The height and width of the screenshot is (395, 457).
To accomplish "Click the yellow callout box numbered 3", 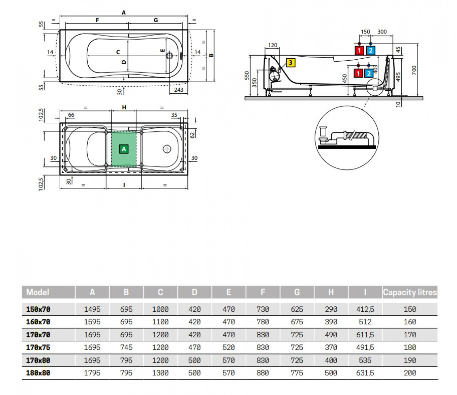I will pyautogui.click(x=291, y=62).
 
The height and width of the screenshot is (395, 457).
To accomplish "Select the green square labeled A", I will pyautogui.click(x=124, y=149).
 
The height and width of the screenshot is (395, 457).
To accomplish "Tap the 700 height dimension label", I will pyautogui.click(x=414, y=70).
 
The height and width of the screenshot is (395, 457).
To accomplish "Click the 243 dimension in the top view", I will pyautogui.click(x=179, y=90).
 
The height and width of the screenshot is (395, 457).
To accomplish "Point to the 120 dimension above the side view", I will pyautogui.click(x=272, y=45).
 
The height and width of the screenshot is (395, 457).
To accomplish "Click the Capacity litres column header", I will pyautogui.click(x=410, y=292).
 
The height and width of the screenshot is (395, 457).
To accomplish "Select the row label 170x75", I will pyautogui.click(x=38, y=347).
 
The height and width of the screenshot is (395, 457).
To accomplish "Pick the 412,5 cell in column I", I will pyautogui.click(x=365, y=309).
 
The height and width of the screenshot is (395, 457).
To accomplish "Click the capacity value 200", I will pyautogui.click(x=410, y=373).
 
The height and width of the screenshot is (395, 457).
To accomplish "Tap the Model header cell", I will pyautogui.click(x=38, y=292).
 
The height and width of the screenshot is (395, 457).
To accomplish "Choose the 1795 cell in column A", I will pyautogui.click(x=92, y=373).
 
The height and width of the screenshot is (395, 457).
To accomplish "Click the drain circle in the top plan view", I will pyautogui.click(x=169, y=55).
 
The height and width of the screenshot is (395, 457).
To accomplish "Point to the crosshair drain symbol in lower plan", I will pyautogui.click(x=167, y=149).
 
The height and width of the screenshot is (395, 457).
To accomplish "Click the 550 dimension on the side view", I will pyautogui.click(x=247, y=75).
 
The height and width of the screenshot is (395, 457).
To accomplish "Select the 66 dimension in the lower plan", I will pyautogui.click(x=71, y=115).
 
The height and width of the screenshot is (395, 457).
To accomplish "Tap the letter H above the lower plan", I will pyautogui.click(x=124, y=107).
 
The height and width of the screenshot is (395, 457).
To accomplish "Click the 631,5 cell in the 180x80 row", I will pyautogui.click(x=365, y=373).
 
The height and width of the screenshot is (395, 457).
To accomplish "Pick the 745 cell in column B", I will pyautogui.click(x=126, y=347).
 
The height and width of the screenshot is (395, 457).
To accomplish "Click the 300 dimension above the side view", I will pyautogui.click(x=382, y=32).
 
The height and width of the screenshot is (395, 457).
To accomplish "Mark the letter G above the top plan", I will pyautogui.click(x=156, y=20).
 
